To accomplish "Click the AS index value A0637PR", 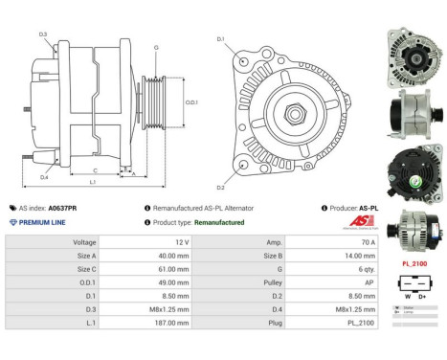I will [x=63, y=208].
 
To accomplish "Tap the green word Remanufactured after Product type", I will [x=220, y=222].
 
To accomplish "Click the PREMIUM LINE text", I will [x=46, y=222].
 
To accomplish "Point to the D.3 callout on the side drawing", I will [x=44, y=35].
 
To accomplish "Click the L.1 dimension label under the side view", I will [x=93, y=182].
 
